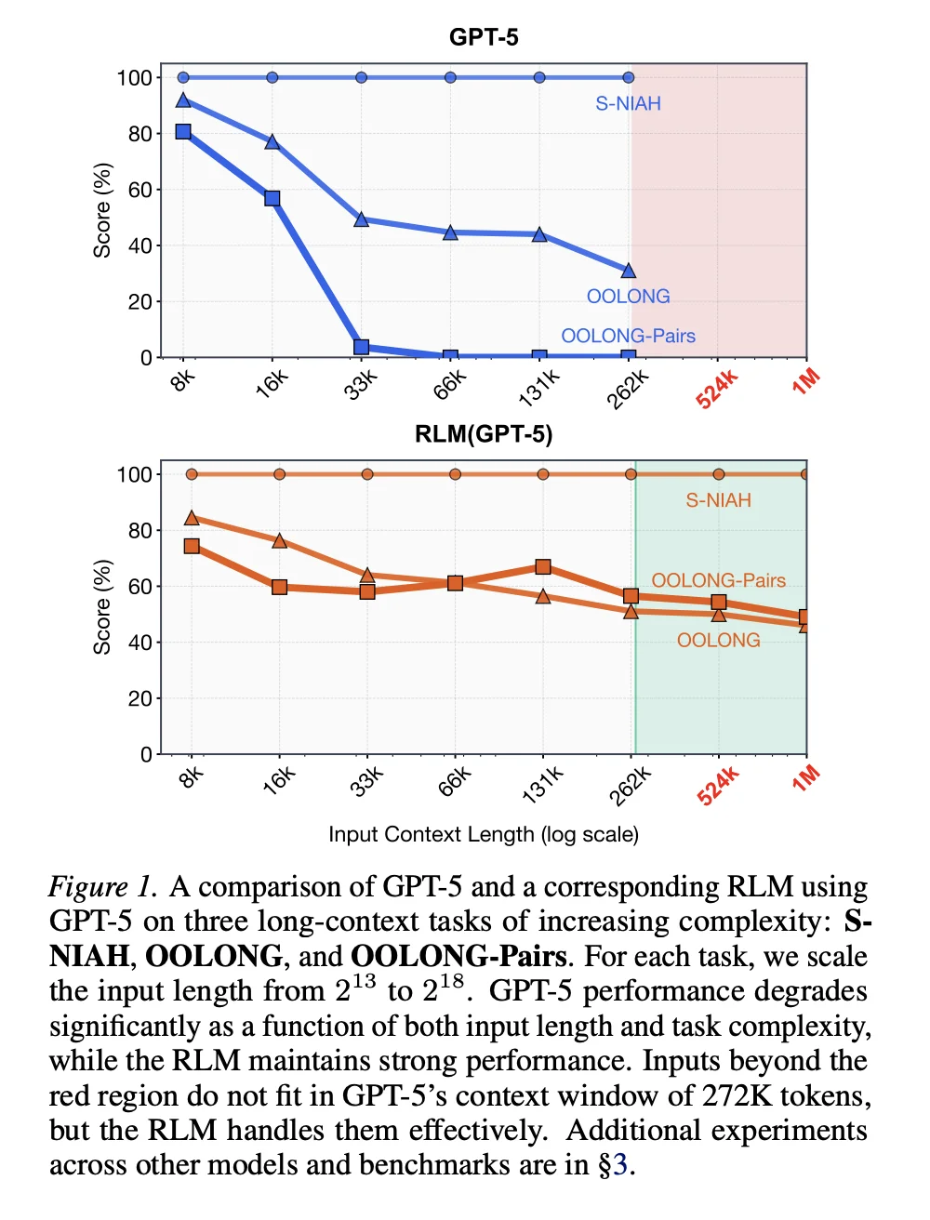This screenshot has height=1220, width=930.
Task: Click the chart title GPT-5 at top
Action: tap(484, 37)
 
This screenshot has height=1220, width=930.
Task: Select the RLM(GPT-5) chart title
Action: tap(484, 434)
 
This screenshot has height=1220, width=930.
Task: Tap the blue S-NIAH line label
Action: tap(628, 103)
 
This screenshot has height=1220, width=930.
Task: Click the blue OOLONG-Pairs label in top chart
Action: tap(628, 336)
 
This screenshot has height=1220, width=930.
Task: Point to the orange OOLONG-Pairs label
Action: tap(718, 580)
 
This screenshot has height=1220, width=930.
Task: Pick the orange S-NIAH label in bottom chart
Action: tap(718, 500)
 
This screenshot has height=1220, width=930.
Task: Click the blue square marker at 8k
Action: tap(183, 132)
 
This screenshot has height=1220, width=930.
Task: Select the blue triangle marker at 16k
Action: tap(272, 141)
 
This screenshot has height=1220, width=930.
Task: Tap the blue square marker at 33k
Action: tap(362, 347)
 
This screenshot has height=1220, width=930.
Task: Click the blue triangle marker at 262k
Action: tap(629, 271)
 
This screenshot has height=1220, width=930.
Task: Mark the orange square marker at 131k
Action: tap(543, 566)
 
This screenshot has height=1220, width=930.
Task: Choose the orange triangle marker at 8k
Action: tap(192, 518)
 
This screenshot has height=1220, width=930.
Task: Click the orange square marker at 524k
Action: tap(719, 603)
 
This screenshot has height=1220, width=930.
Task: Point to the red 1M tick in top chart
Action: tap(805, 381)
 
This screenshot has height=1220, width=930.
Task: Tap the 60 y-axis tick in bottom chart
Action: tap(139, 587)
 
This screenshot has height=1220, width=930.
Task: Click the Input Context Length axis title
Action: tap(484, 834)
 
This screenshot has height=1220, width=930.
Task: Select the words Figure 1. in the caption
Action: tap(102, 887)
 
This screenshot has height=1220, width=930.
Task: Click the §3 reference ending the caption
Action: tap(616, 1165)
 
